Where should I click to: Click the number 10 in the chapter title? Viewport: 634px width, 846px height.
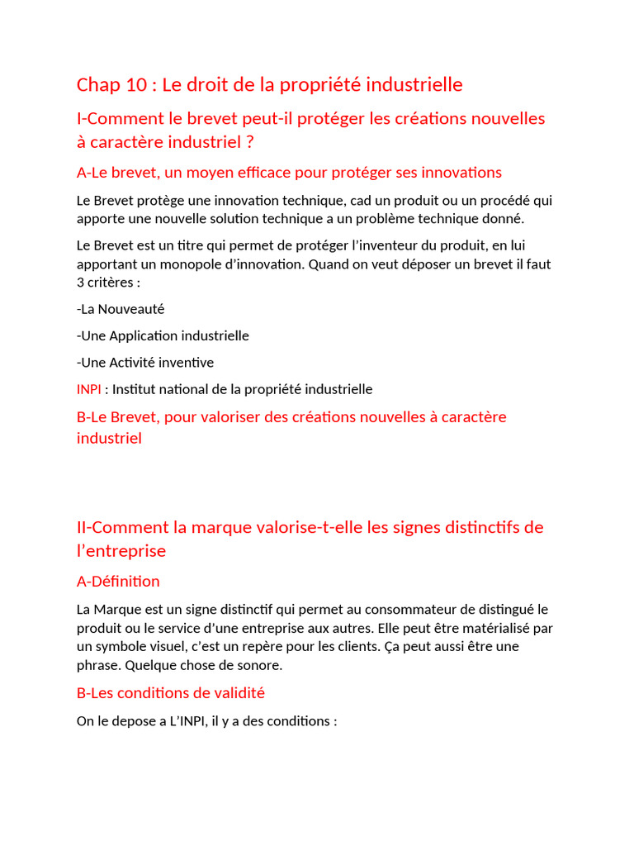138,85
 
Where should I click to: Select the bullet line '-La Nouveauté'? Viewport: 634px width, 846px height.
121,309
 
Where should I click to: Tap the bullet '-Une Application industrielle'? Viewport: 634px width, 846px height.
163,335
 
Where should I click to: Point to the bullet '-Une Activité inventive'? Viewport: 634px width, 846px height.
144,362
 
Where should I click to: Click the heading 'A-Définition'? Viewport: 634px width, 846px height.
118,582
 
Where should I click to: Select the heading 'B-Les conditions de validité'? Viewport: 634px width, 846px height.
171,693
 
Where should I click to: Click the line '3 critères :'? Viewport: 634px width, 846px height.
108,283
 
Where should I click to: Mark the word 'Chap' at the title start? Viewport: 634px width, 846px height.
97,85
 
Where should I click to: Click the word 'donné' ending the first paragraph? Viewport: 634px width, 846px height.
503,219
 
